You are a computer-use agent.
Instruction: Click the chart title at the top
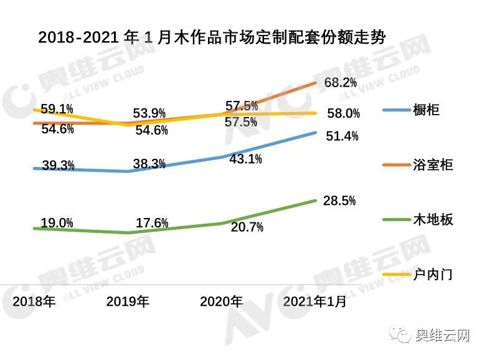(x=212, y=38)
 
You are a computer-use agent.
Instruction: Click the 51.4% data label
(x=342, y=136)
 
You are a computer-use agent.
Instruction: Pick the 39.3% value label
(x=59, y=165)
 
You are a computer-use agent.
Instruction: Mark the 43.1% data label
(x=245, y=159)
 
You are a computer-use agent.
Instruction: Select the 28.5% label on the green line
(x=339, y=201)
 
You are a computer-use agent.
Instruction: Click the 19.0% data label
(x=57, y=222)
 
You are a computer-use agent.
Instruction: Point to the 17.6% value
(x=151, y=223)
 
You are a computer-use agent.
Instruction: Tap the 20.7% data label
(x=247, y=227)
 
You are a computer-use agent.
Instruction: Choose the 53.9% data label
(x=149, y=113)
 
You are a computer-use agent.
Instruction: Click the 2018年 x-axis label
(x=34, y=302)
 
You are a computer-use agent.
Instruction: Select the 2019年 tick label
(x=128, y=302)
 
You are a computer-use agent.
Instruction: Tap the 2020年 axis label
(x=221, y=302)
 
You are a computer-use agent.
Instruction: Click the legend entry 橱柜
(x=426, y=110)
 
